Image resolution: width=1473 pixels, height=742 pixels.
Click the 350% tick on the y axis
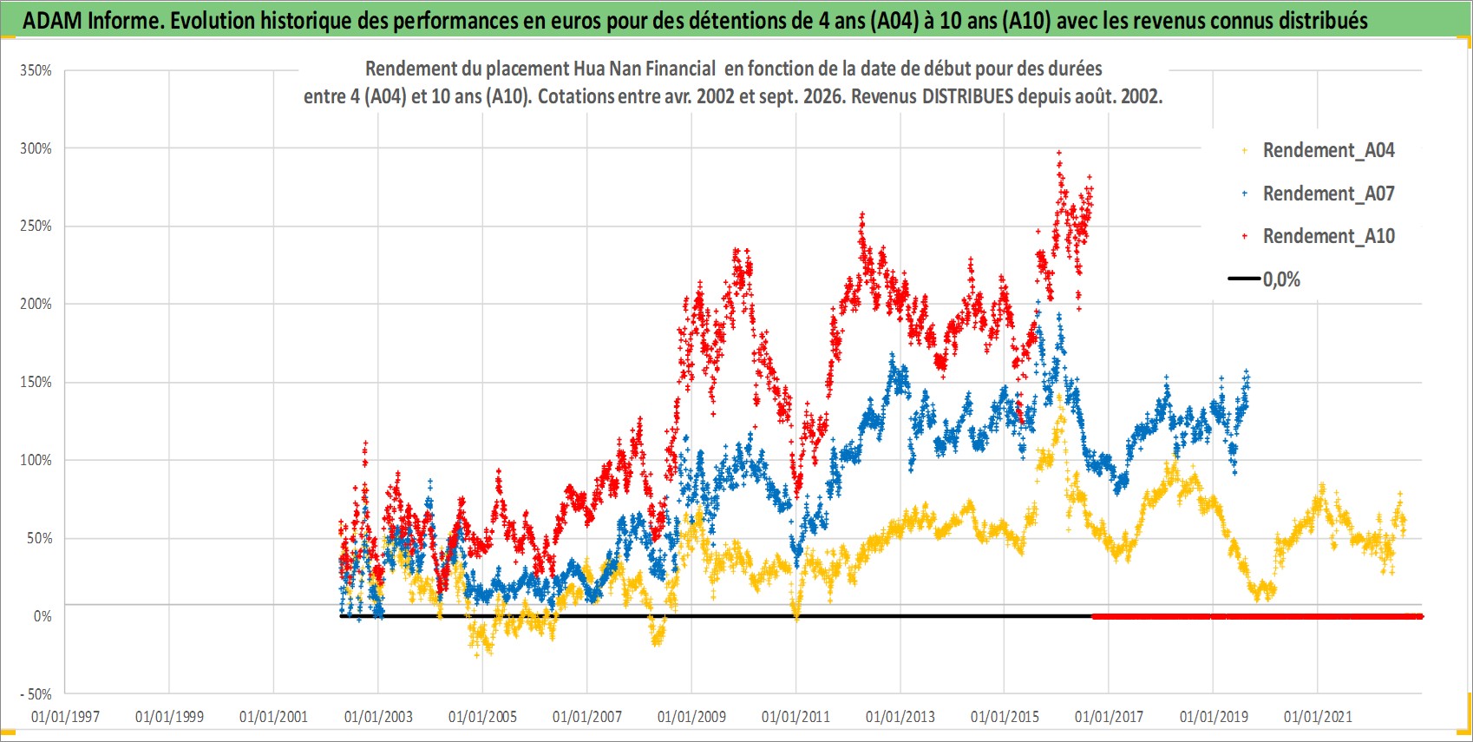(36, 70)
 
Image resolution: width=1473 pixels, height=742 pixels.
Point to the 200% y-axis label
(36, 304)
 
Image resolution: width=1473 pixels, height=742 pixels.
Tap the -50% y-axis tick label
(36, 694)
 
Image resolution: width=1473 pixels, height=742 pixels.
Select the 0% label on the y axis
(43, 616)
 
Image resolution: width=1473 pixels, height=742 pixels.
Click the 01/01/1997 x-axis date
(65, 716)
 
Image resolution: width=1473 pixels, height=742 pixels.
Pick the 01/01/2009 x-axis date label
(691, 716)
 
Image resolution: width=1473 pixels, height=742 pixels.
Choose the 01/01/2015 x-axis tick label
(1005, 716)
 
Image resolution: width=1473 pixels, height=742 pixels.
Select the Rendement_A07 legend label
(1328, 194)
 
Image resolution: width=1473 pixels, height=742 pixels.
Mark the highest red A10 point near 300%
(1058, 153)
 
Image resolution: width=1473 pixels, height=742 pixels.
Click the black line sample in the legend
(1244, 279)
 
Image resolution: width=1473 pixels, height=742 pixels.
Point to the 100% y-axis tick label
(36, 460)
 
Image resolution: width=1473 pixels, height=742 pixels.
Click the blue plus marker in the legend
(1244, 194)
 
